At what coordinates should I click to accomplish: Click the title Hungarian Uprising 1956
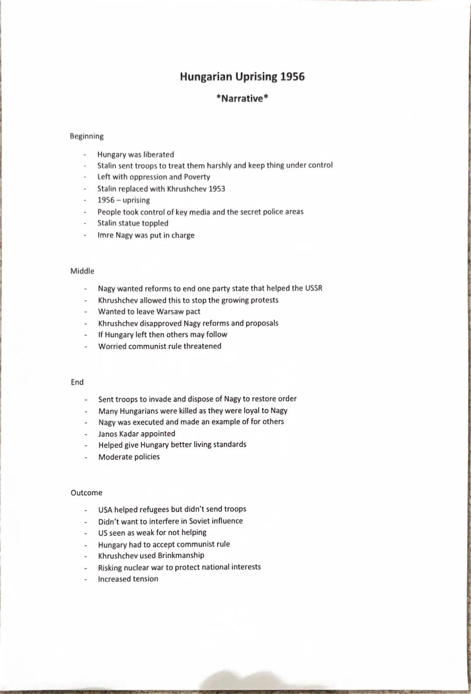[x=242, y=77]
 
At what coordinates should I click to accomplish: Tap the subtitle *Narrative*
[x=242, y=98]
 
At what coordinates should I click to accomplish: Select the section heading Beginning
[x=87, y=136]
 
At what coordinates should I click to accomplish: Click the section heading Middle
[x=82, y=271]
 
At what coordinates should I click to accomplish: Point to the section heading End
[x=77, y=382]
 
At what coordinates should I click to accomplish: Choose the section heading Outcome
[x=86, y=492]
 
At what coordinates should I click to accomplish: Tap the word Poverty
[x=197, y=177]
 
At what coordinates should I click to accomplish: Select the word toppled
[x=155, y=223]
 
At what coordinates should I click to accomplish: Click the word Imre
[x=106, y=235]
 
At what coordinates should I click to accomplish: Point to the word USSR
[x=314, y=288]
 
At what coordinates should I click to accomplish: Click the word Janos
[x=108, y=434]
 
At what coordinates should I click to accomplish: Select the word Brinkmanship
[x=181, y=555]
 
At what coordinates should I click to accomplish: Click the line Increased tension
[x=128, y=579]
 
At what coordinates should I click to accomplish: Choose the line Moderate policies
[x=129, y=457]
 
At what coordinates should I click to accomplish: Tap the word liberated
[x=158, y=154]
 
